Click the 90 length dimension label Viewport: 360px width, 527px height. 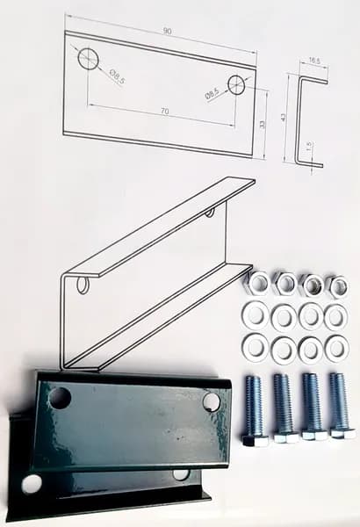coord(168,32)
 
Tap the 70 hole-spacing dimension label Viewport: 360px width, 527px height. coord(165,111)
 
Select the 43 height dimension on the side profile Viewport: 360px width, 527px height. coord(283,117)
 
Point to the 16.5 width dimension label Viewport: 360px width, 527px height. coord(314,61)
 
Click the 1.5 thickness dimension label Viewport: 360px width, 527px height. coord(310,145)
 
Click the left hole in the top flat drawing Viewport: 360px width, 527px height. coord(89,59)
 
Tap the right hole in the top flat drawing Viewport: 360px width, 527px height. coord(237,84)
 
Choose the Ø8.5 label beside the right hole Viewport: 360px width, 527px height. coord(212,93)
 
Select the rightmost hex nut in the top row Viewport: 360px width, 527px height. coord(337,285)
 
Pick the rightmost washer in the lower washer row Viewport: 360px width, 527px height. coord(336,346)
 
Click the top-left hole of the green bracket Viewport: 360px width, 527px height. coord(60,398)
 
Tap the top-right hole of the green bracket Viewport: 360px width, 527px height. coord(211,401)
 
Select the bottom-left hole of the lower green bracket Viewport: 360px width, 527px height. coord(32,484)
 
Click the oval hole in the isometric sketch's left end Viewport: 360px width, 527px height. coord(82,285)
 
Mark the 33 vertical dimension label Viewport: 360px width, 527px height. coord(263,124)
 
